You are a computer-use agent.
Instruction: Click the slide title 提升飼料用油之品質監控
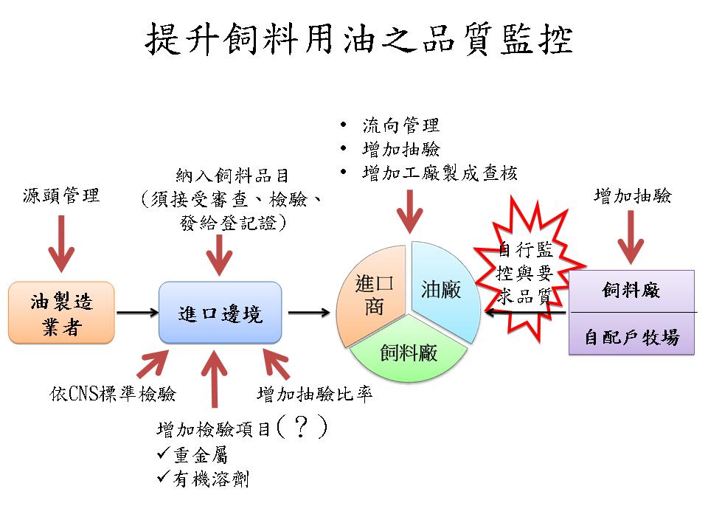pos(358,39)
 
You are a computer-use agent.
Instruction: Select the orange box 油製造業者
pos(61,313)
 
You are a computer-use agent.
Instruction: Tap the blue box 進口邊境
pos(220,313)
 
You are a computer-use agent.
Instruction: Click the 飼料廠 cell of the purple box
pos(631,291)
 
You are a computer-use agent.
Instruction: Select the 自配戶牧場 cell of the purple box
pos(631,337)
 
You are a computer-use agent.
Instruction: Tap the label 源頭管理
pos(61,196)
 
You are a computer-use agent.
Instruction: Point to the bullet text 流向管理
pos(401,125)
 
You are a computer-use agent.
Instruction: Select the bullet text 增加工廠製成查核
pos(440,173)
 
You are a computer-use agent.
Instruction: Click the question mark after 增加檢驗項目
pos(299,428)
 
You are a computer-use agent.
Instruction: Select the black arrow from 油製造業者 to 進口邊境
pos(137,313)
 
